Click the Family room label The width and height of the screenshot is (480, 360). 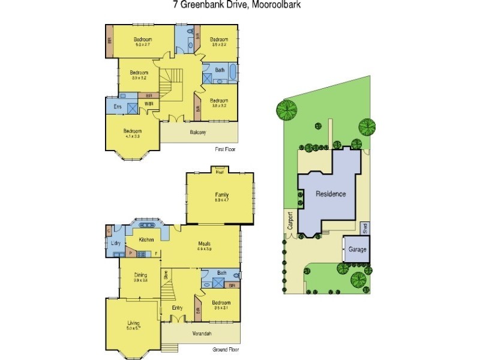coord(222,195)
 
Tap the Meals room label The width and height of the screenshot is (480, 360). coord(205,243)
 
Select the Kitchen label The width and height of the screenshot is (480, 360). coord(147,240)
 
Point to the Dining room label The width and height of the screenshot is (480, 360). coord(141,275)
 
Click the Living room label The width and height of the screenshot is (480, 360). coord(133,323)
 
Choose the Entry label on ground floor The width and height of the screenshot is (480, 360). coord(178,308)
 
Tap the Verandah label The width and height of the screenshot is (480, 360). coord(201,334)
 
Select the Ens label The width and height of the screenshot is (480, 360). coord(118,107)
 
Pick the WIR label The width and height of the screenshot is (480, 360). coord(148,104)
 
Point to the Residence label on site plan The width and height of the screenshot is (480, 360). coord(331,194)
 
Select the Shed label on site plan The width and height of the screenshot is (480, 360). coord(364,227)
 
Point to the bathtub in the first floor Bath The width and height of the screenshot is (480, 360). coord(232,74)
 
